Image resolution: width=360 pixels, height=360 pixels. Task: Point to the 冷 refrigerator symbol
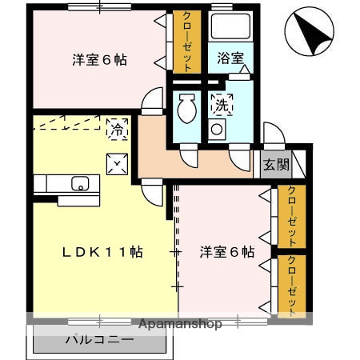[117, 127]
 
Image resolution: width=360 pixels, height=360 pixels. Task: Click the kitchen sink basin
[80, 183]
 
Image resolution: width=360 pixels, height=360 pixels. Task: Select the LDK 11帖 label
[104, 252]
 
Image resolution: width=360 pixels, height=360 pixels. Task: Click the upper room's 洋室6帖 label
[101, 60]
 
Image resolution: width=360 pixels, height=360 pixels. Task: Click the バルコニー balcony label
[99, 340]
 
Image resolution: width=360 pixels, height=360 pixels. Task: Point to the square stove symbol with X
[117, 162]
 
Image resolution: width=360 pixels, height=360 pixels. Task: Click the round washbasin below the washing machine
[217, 130]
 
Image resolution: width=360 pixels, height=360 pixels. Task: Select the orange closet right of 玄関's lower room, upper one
[292, 217]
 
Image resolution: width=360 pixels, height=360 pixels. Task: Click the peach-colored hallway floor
[192, 164]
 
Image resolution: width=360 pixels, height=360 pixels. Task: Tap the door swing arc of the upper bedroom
[150, 102]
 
